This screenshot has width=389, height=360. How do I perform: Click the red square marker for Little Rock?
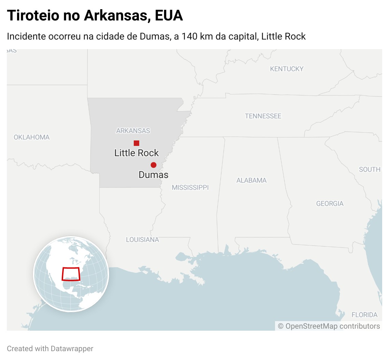(136, 143)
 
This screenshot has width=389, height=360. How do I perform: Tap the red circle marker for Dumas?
(154, 165)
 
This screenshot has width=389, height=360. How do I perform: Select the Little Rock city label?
(136, 153)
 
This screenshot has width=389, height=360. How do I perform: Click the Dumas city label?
(153, 175)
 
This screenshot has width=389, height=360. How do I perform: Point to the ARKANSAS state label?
(133, 131)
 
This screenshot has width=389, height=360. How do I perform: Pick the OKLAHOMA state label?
(32, 137)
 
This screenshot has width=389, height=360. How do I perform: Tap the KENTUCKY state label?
(287, 69)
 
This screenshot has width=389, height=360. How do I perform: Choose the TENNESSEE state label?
(263, 116)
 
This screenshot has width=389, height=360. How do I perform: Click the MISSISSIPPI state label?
(190, 187)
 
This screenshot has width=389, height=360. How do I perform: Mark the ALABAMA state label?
(251, 180)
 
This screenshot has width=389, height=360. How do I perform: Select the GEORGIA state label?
(330, 204)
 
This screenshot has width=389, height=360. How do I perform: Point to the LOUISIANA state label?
(142, 240)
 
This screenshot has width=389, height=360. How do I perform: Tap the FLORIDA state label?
(364, 315)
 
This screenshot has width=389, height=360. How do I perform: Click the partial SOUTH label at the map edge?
(370, 169)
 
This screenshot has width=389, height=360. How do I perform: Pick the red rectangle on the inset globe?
(71, 274)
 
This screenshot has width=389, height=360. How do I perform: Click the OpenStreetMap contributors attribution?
(329, 326)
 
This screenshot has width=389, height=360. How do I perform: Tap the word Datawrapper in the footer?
(72, 349)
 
